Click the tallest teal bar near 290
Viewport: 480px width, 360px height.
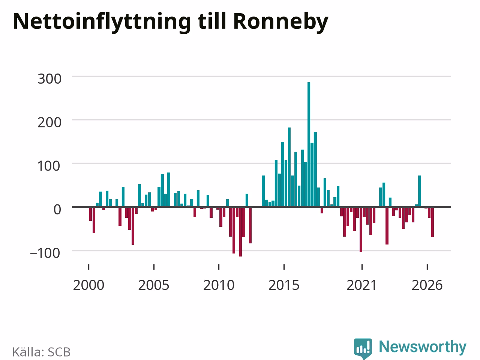click(309, 144)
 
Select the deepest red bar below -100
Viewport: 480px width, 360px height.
click(240, 232)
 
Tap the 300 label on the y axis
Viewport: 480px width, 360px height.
click(49, 79)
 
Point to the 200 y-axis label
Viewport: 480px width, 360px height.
click(49, 123)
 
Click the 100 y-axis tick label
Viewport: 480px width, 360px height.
click(49, 166)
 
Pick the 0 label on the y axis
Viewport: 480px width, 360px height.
click(57, 210)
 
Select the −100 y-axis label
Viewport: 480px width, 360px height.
click(45, 253)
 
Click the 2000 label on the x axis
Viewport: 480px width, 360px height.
click(88, 285)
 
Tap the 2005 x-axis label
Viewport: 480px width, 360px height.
click(154, 285)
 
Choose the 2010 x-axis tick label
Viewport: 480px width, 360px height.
click(219, 285)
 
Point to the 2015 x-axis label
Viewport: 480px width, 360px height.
click(284, 285)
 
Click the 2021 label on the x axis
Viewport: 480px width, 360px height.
click(362, 285)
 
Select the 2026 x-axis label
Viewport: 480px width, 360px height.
click(427, 285)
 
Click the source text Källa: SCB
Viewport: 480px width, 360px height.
click(41, 352)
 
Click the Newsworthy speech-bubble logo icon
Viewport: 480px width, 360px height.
click(363, 348)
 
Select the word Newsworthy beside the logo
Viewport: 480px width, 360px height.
click(423, 347)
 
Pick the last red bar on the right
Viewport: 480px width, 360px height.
click(432, 222)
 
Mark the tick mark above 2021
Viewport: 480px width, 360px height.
click(362, 267)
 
